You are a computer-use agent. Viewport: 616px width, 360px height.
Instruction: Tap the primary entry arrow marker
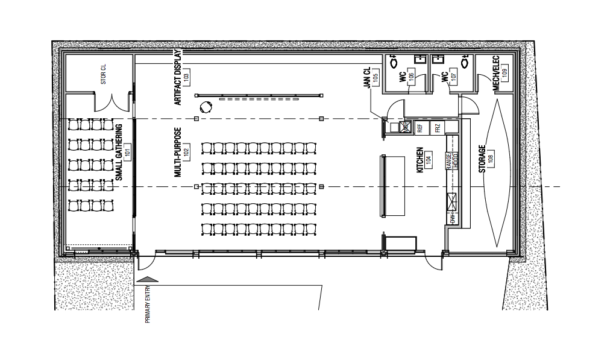point(148,279)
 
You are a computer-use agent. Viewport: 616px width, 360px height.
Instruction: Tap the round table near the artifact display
point(207,107)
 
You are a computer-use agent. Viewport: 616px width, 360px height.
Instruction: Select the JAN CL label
point(366,78)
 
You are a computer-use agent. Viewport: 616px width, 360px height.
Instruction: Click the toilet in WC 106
point(394,62)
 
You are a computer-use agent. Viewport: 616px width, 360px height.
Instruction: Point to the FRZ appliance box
point(438,127)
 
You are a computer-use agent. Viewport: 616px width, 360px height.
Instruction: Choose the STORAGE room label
point(482,159)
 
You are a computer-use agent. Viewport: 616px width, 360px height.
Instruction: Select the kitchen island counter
point(392,185)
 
